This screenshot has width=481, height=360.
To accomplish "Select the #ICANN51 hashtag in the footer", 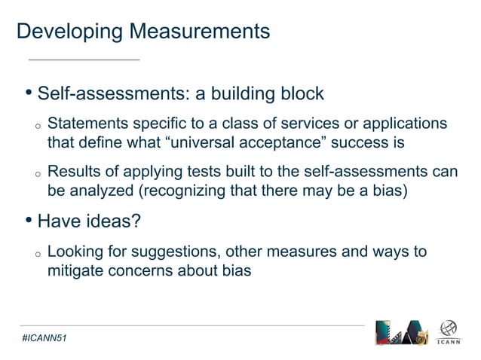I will [x=44, y=340].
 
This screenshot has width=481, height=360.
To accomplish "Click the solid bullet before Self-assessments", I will [x=29, y=94].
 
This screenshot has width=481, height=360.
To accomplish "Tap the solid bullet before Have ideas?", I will [x=29, y=221].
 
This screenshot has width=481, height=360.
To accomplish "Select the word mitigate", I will [x=75, y=270].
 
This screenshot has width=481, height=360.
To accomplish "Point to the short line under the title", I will [x=84, y=58].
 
